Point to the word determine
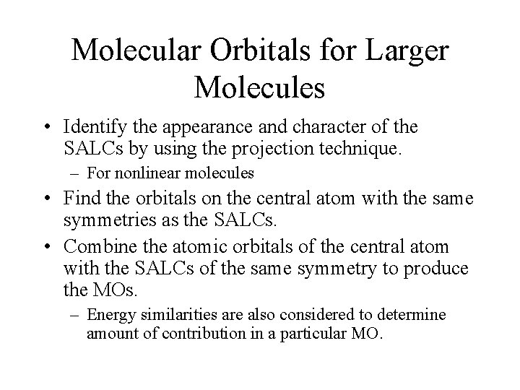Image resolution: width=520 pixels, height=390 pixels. click(411, 316)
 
